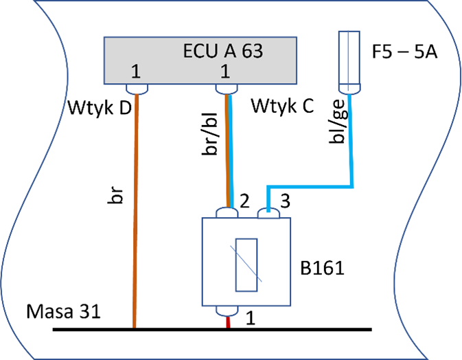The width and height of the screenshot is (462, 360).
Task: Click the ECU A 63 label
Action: coord(222,51)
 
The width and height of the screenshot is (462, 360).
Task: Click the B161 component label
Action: coord(323,266)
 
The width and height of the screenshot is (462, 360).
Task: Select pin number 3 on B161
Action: coord(285,201)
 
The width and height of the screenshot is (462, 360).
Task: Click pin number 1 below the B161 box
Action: coord(251,318)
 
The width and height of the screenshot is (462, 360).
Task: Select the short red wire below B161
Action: coord(229,322)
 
